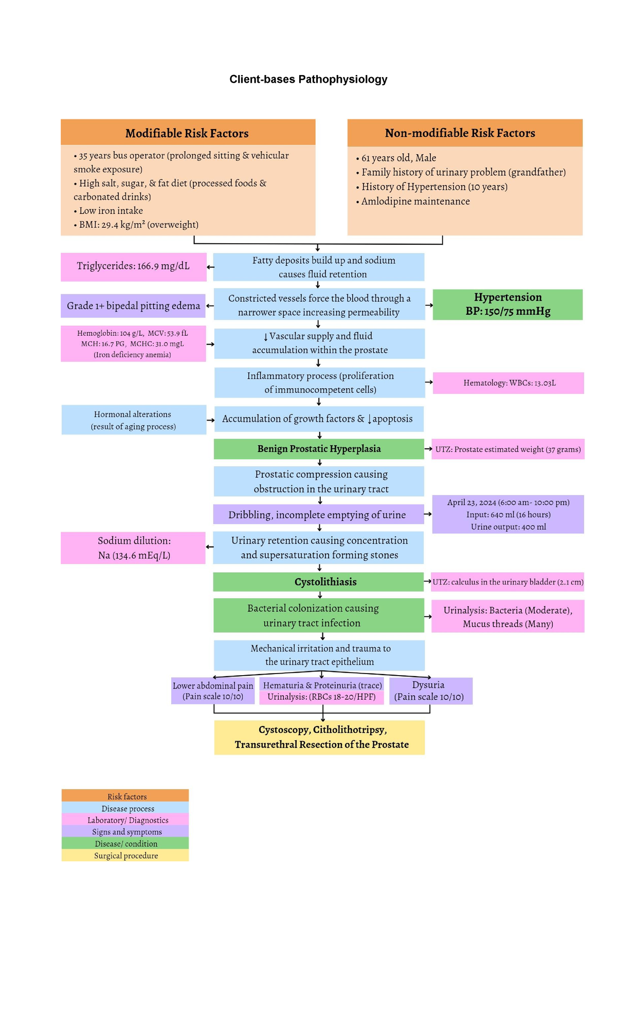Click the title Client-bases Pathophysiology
(308, 79)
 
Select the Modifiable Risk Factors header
(187, 133)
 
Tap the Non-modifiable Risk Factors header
(460, 133)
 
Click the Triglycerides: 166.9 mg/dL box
(133, 266)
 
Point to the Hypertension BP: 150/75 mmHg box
(507, 304)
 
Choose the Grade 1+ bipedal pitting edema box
(133, 306)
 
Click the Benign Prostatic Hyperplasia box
(319, 449)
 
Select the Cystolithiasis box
(319, 582)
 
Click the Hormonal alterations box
(133, 420)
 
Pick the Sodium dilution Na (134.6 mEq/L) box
(133, 548)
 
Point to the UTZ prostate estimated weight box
(507, 449)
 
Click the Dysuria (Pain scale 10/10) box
(430, 691)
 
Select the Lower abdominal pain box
(212, 691)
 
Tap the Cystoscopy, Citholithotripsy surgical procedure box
(319, 737)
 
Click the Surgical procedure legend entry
(125, 856)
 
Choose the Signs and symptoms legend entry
(125, 832)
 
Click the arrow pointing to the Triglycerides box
(210, 267)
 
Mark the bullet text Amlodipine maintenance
(415, 202)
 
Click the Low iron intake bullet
(111, 211)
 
